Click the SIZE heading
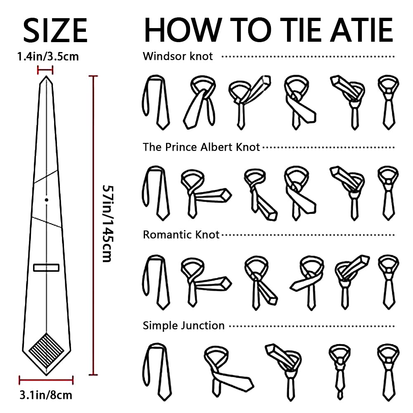click(x=55, y=30)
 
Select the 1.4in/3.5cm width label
click(x=48, y=57)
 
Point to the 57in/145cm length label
click(x=108, y=223)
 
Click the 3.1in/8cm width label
click(x=46, y=395)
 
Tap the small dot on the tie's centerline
click(x=47, y=200)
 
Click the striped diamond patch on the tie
click(x=46, y=350)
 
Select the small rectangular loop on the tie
click(x=46, y=268)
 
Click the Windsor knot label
click(x=178, y=56)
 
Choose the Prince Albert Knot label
click(x=202, y=147)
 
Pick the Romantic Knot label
click(x=181, y=235)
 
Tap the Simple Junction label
click(x=184, y=325)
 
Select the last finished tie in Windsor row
click(x=389, y=102)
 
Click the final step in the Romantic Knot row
click(x=389, y=282)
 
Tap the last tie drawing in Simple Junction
click(x=389, y=372)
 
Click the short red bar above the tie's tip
click(x=45, y=70)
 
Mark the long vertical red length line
click(x=93, y=225)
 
